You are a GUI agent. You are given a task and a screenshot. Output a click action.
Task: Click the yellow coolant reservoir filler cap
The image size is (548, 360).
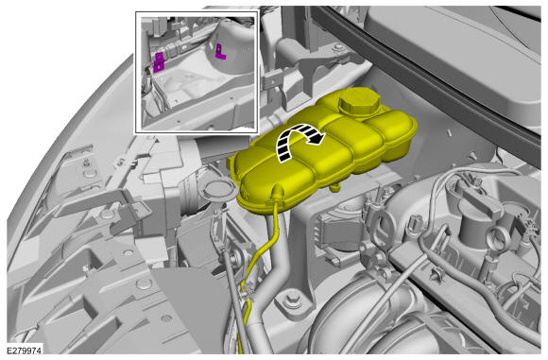point(359,101)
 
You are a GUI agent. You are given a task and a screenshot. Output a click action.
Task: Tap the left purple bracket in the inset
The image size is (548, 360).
point(160,62)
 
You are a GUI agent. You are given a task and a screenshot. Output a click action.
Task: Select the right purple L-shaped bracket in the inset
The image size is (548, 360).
point(220,52)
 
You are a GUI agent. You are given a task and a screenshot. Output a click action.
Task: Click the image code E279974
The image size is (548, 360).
point(25,351)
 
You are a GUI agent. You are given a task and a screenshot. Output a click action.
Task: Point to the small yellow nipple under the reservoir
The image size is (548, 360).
point(334,187)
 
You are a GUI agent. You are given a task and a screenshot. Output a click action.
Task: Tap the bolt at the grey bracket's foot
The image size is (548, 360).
point(292,300)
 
